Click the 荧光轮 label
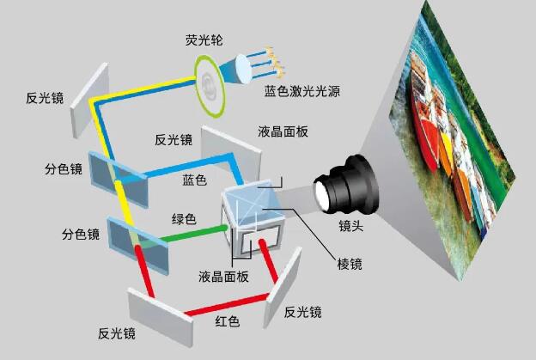click(204, 40)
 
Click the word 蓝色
click(195, 180)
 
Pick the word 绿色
click(186, 220)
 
